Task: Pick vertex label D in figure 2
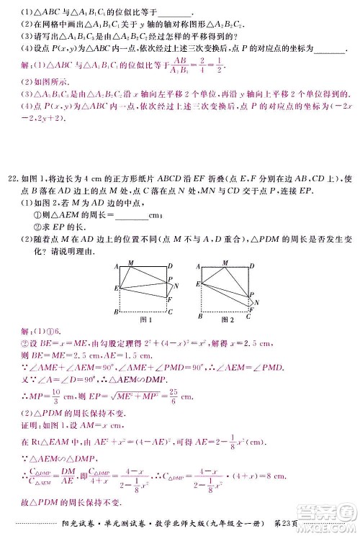pos(253,266)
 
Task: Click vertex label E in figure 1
pos(115,288)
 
